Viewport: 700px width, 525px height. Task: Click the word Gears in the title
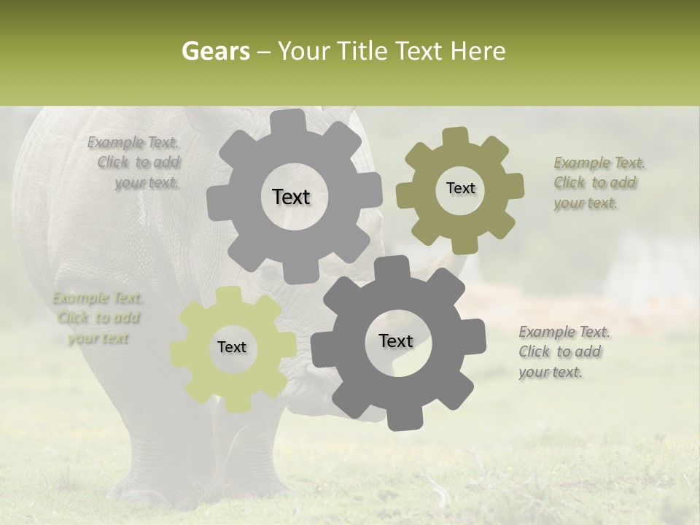pyautogui.click(x=215, y=51)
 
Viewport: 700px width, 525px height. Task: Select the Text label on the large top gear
pyautogui.click(x=291, y=197)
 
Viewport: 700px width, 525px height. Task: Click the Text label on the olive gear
pyautogui.click(x=460, y=188)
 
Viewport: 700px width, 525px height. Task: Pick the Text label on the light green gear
pyautogui.click(x=232, y=348)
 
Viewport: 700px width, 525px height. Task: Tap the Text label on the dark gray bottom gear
pyautogui.click(x=396, y=341)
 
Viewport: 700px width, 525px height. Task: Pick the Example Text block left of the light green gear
pyautogui.click(x=98, y=318)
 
